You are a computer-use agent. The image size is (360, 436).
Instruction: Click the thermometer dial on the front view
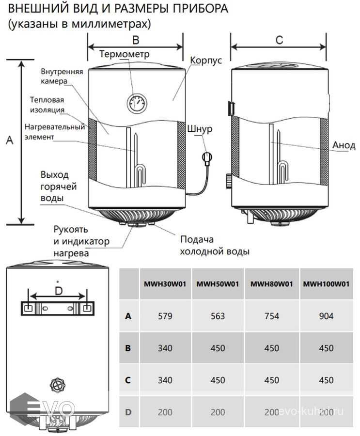click(136, 103)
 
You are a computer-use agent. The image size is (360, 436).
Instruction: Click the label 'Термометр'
click(125, 54)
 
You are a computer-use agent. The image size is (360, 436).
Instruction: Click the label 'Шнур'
click(199, 130)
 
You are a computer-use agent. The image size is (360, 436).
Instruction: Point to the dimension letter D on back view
click(58, 291)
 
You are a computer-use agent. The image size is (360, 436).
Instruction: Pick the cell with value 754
click(272, 316)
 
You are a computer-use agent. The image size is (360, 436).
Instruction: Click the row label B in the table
click(128, 348)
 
